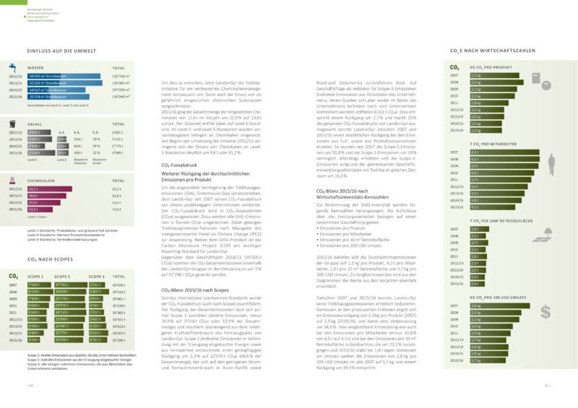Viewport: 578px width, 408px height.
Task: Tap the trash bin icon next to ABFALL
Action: (13, 125)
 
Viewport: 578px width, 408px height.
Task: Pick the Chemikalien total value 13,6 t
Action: (117, 209)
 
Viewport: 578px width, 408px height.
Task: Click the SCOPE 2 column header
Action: (62, 276)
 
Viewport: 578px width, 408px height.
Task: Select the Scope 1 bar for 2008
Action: (37, 291)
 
